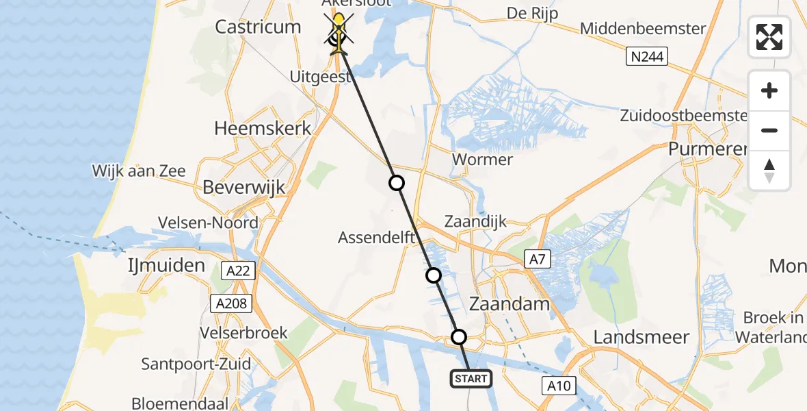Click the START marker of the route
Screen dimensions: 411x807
(x=471, y=378)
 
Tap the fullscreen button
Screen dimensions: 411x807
(x=769, y=37)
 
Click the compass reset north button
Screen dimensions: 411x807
(x=769, y=171)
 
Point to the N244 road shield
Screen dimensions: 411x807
(x=646, y=56)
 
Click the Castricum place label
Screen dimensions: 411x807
(x=258, y=27)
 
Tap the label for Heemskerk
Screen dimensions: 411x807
(x=263, y=127)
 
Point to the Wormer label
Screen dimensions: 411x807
(x=483, y=160)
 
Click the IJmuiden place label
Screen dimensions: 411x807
(x=166, y=265)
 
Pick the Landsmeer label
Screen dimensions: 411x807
(x=641, y=336)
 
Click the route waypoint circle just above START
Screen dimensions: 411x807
(x=459, y=337)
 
